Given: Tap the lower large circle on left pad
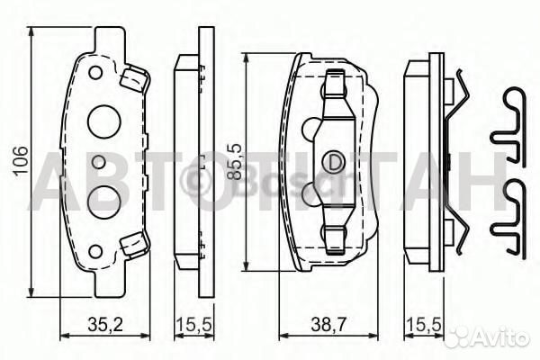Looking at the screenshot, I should click(x=103, y=200).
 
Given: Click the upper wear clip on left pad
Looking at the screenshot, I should click(x=134, y=79).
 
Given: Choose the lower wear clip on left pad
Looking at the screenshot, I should click(x=134, y=242).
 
